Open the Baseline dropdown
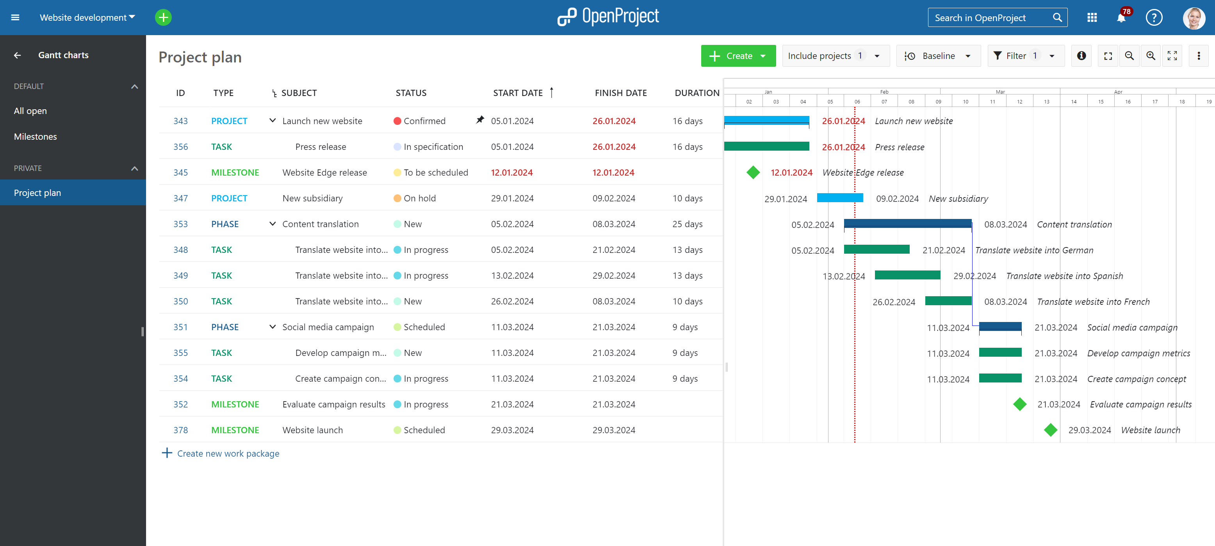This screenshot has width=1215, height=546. pyautogui.click(x=938, y=56)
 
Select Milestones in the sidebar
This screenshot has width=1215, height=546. pyautogui.click(x=36, y=137)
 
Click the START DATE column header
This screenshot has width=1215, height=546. pyautogui.click(x=517, y=93)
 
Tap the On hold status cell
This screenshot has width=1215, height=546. pyautogui.click(x=419, y=198)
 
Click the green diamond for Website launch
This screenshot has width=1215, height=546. pyautogui.click(x=1050, y=430)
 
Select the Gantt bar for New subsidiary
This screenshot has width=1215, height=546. pyautogui.click(x=839, y=198)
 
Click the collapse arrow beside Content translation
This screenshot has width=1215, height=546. pyautogui.click(x=272, y=224)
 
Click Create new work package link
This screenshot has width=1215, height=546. pyautogui.click(x=228, y=454)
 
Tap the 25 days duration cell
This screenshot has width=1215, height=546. pyautogui.click(x=687, y=224)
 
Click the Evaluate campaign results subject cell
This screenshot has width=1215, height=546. pyautogui.click(x=333, y=404)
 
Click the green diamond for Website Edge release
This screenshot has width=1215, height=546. pyautogui.click(x=753, y=173)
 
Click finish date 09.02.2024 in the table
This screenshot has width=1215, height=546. pyautogui.click(x=614, y=198)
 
